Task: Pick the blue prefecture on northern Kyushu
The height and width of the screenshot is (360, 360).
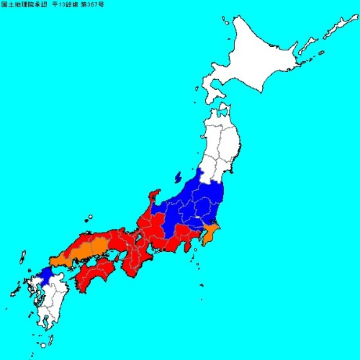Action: pyautogui.click(x=45, y=275)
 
